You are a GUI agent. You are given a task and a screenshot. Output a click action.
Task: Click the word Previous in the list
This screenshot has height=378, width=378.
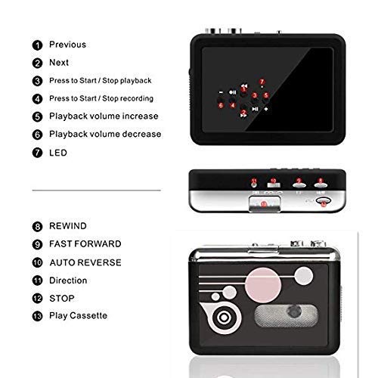[x=67, y=45]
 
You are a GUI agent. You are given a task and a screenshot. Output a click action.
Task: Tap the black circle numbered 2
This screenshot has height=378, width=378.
[x=36, y=62]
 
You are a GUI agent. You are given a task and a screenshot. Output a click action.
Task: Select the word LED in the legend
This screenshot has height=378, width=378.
[x=58, y=152]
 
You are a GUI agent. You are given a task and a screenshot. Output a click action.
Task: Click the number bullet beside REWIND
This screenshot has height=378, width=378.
[x=36, y=226]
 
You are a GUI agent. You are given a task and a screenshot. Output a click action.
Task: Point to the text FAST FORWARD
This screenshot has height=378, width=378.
[x=85, y=244]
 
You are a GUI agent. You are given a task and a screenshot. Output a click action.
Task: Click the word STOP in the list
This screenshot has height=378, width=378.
[x=62, y=298]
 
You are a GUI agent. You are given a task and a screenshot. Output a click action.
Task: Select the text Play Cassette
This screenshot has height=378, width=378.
[x=78, y=315]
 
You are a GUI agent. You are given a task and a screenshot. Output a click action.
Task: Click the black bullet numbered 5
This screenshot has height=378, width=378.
[x=36, y=116]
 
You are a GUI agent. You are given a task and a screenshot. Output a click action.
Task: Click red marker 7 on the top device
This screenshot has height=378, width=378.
[x=262, y=80]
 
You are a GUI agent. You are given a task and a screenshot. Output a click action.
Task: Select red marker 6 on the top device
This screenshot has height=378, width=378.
[x=221, y=104]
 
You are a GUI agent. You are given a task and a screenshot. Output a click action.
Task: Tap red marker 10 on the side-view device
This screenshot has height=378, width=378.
[x=273, y=181]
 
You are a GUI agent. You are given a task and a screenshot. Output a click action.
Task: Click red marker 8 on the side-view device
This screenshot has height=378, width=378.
[x=321, y=181]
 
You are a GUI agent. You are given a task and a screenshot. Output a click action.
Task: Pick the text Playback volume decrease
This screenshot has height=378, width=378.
[x=105, y=134]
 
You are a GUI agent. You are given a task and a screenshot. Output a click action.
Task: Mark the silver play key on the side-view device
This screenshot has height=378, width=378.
[x=265, y=203]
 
